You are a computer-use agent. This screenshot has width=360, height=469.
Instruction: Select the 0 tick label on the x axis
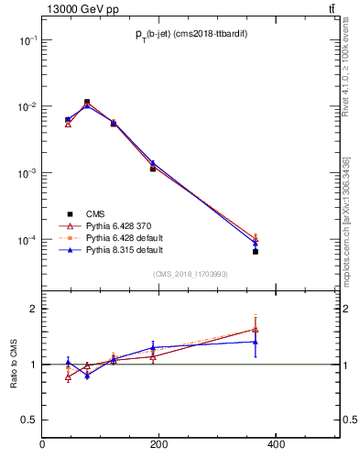(42, 445)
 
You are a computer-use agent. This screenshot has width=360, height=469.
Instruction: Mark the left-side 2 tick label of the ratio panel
(33, 309)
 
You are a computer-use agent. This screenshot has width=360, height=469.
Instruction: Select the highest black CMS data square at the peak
(87, 102)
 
